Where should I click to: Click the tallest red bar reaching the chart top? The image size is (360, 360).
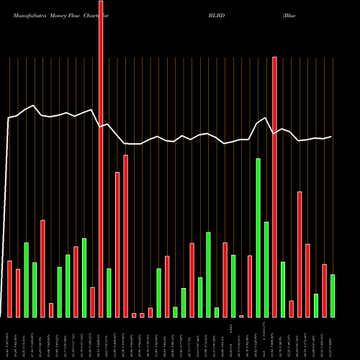101,158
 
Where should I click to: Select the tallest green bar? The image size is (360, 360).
258,238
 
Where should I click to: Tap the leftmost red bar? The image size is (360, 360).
9,288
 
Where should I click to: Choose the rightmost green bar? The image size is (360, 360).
333,295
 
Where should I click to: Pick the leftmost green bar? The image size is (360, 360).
26,279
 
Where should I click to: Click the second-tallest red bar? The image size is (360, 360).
274,187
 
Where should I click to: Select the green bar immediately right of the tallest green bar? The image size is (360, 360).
266,269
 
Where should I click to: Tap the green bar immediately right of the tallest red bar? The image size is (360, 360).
109,292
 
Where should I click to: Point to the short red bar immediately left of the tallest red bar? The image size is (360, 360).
92,302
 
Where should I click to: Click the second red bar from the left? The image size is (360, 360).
18,293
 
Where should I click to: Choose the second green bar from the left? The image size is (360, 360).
35,289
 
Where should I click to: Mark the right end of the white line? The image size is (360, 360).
332,137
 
